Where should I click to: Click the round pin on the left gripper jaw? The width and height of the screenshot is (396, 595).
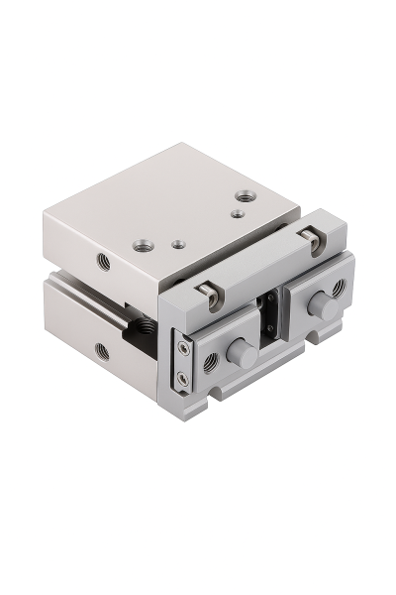pyautogui.click(x=238, y=352)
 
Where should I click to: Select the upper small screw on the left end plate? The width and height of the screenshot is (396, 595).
pyautogui.click(x=183, y=349)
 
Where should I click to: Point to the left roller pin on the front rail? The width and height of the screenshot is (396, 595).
pyautogui.click(x=207, y=290)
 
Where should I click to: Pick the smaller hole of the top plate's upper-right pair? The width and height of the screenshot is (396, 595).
pyautogui.click(x=238, y=211)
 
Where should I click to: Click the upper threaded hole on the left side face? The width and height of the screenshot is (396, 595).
pyautogui.click(x=103, y=262)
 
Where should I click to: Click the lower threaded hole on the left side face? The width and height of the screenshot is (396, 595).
pyautogui.click(x=100, y=349)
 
